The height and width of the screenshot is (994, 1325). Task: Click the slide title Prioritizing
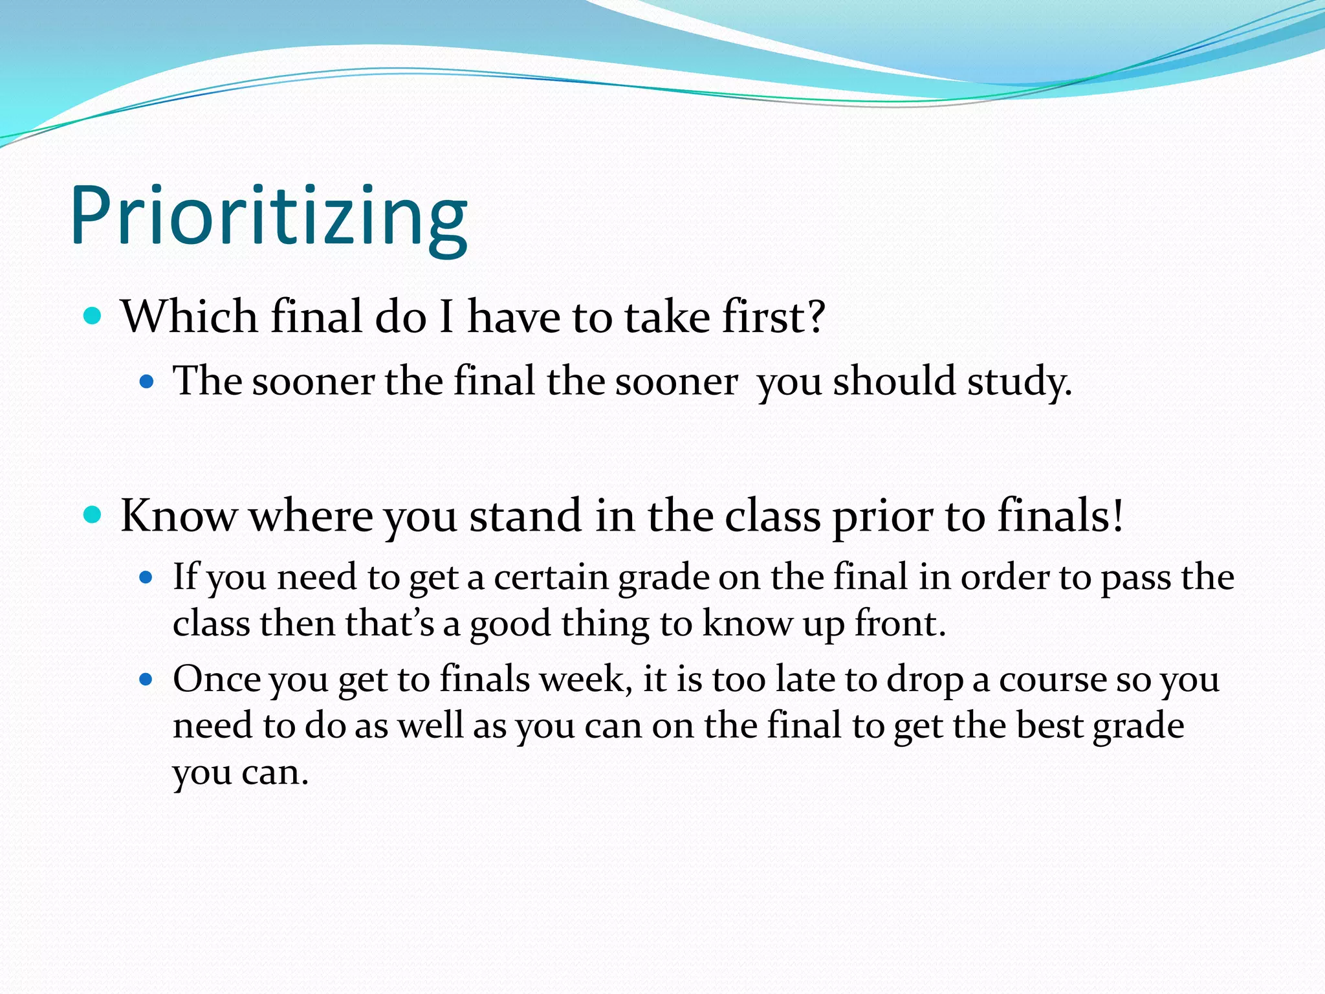pyautogui.click(x=268, y=217)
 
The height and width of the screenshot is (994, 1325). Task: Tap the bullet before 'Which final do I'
pyautogui.click(x=93, y=316)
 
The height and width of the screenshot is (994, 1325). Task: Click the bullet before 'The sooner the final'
pyautogui.click(x=147, y=381)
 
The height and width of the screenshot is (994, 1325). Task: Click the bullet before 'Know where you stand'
pyautogui.click(x=93, y=514)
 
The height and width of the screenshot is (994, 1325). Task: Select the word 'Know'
pyautogui.click(x=179, y=516)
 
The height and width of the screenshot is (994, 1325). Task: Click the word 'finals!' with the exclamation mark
pyautogui.click(x=1060, y=516)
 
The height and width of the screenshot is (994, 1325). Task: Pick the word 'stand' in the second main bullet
pyautogui.click(x=525, y=516)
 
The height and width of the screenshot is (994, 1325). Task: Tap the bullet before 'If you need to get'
pyautogui.click(x=147, y=577)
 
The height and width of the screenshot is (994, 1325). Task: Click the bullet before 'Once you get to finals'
pyautogui.click(x=147, y=679)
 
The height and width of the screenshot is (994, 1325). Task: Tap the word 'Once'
pyautogui.click(x=216, y=679)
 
